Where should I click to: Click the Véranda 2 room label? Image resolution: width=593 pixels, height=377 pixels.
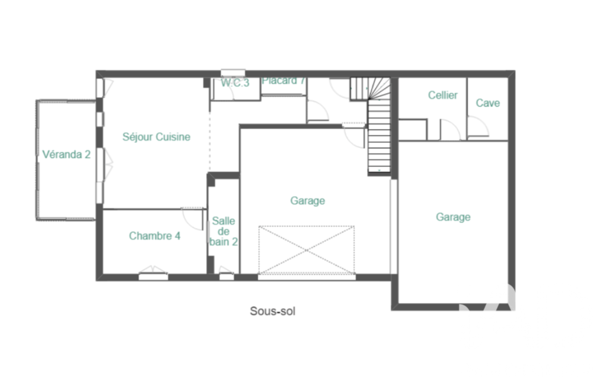click(x=66, y=155)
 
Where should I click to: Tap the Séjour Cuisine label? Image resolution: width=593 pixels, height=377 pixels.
click(x=157, y=137)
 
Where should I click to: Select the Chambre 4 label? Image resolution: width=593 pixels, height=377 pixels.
click(x=155, y=236)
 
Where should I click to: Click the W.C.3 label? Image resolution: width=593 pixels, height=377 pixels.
click(x=235, y=84)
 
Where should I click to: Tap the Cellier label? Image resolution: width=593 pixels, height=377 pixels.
click(x=442, y=95)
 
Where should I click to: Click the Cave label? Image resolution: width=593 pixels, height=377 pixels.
click(x=488, y=103)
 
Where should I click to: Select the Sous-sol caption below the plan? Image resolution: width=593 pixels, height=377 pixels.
click(x=272, y=311)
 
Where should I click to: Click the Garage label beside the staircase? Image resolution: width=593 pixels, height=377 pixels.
click(x=308, y=201)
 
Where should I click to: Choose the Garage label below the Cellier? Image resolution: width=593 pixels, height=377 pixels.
click(x=453, y=217)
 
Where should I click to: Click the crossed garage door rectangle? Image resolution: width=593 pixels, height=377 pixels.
click(x=307, y=250)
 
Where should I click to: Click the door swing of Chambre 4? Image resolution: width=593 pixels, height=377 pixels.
click(x=192, y=218)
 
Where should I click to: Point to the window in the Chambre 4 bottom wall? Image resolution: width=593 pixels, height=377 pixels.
click(x=153, y=274)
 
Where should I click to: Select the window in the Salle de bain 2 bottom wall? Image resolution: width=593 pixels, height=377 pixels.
click(x=227, y=274)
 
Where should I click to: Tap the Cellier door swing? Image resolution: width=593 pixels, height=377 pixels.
click(x=450, y=129)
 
